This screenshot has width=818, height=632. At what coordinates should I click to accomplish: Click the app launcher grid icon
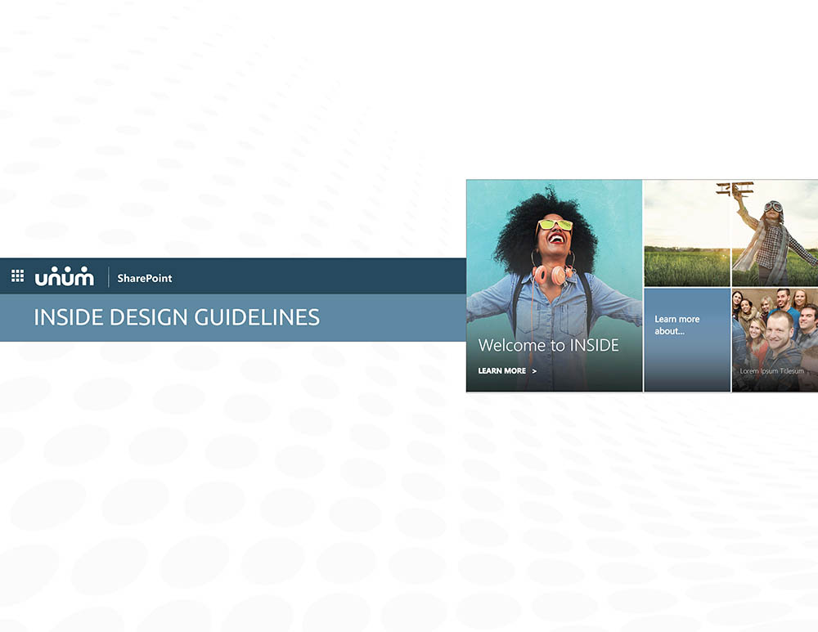click(18, 276)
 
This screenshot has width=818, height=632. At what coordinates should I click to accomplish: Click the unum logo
click(64, 276)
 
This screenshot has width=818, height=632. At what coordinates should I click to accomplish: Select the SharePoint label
click(145, 279)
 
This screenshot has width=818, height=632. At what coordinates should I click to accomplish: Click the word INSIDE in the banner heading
click(69, 317)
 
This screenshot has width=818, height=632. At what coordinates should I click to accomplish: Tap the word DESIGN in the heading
click(149, 317)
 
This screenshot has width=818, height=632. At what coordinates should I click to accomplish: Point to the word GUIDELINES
click(257, 317)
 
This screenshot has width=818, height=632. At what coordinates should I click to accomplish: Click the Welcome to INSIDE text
click(548, 345)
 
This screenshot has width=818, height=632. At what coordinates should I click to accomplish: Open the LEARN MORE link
click(502, 370)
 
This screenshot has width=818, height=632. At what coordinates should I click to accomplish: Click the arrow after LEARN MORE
click(534, 371)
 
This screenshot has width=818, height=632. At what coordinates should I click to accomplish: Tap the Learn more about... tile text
click(677, 325)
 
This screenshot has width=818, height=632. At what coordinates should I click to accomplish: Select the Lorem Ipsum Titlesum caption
click(771, 371)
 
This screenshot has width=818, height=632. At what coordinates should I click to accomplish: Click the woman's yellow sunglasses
click(554, 225)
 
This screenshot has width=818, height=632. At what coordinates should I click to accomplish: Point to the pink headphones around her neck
click(554, 275)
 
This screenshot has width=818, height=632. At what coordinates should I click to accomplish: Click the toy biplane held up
click(734, 189)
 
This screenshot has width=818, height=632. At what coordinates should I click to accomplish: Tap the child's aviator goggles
click(773, 207)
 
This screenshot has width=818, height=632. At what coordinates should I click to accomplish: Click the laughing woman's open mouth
click(556, 238)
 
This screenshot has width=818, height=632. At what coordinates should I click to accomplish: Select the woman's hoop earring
click(534, 259)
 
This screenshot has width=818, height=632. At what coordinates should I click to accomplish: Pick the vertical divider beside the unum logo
click(109, 277)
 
